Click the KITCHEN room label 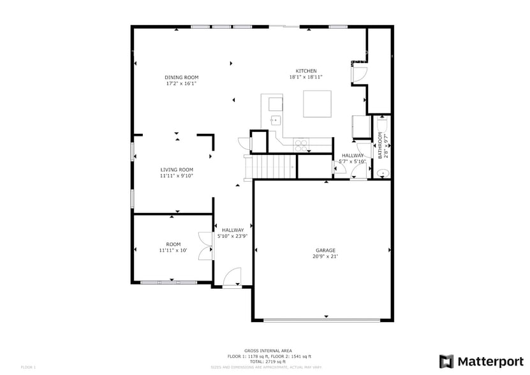(305, 71)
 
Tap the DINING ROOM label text (182, 77)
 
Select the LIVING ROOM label (177, 170)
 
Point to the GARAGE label (325, 250)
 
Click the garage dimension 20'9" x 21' (325, 256)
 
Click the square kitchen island (317, 104)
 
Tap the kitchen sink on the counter (276, 120)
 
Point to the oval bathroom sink (382, 172)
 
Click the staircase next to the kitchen (270, 167)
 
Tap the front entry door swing (232, 276)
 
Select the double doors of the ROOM (205, 246)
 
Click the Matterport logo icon (447, 361)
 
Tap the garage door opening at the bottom (325, 320)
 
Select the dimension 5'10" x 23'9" (233, 236)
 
